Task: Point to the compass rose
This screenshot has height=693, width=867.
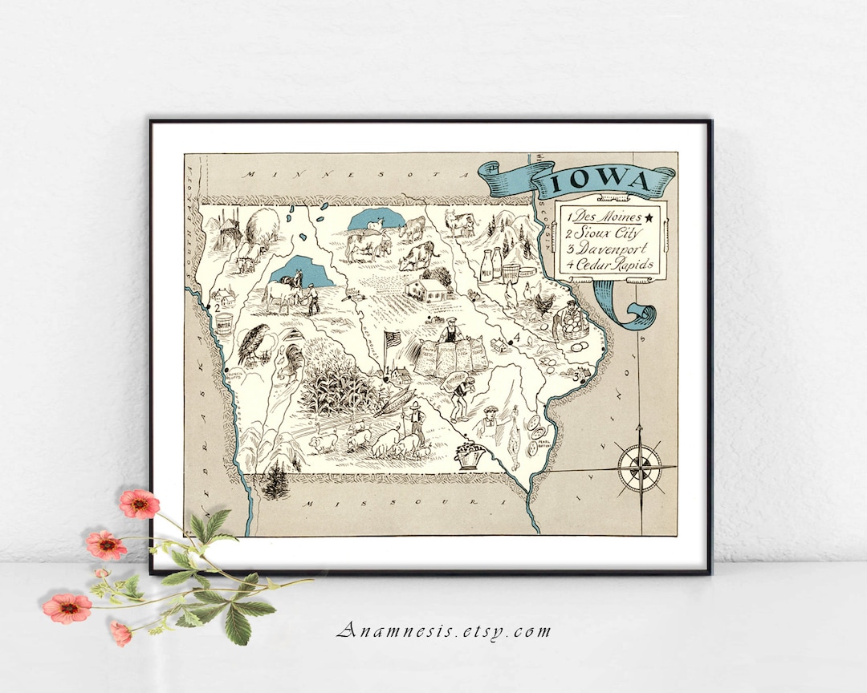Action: (640, 467)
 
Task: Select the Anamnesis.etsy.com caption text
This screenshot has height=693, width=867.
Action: (443, 630)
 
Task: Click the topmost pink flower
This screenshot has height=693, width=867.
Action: (139, 504)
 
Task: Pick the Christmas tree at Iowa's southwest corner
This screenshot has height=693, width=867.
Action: (275, 479)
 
